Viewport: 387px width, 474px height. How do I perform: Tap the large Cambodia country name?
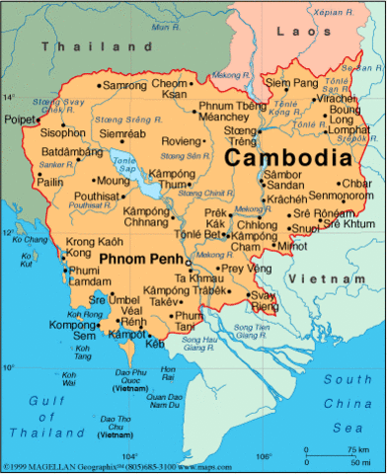[286, 157]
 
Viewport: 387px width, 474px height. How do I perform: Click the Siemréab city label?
[122, 135]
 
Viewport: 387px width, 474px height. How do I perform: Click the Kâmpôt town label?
[132, 336]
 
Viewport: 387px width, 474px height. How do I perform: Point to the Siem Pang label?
[293, 83]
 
